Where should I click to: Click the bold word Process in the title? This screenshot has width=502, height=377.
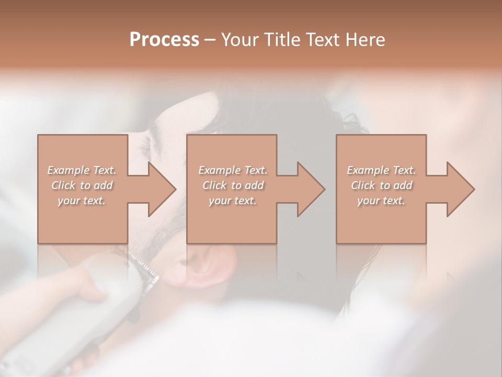[164, 40]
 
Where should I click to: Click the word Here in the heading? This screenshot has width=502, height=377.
[365, 40]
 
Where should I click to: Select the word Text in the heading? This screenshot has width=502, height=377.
[322, 40]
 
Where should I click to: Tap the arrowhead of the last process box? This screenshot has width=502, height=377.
[460, 189]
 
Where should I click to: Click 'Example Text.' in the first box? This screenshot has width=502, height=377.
[82, 170]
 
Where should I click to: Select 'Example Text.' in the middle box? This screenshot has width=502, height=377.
[232, 170]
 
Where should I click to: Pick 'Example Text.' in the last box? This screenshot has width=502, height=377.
[381, 170]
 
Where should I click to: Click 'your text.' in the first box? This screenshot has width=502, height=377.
[82, 201]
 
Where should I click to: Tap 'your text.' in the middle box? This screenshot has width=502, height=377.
[232, 201]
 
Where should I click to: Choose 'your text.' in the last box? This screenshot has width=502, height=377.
[381, 201]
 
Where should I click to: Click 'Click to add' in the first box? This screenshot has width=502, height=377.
[82, 185]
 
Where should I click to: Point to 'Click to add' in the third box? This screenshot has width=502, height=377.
[381, 185]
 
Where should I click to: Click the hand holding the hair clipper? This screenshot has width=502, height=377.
[84, 283]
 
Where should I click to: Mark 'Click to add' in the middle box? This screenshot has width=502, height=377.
[232, 185]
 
